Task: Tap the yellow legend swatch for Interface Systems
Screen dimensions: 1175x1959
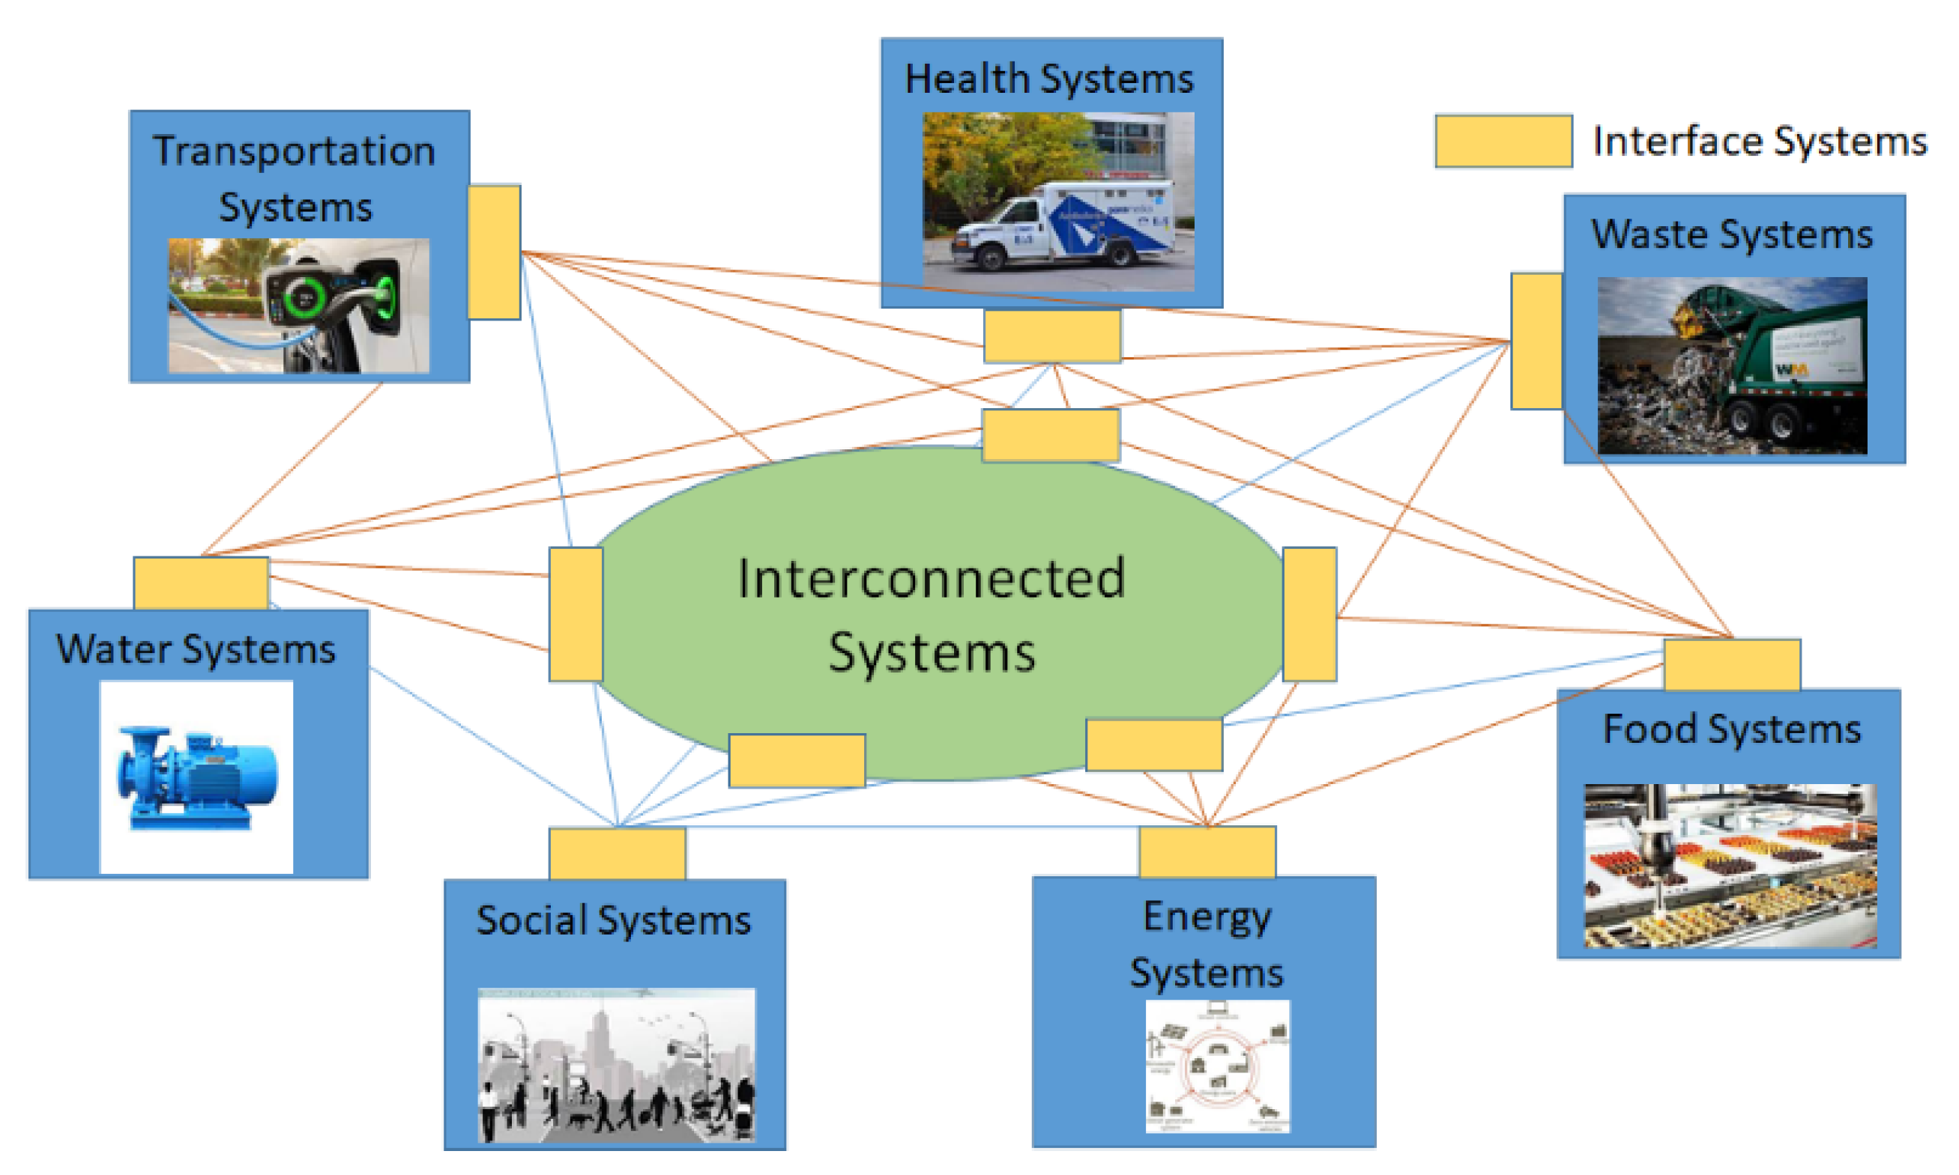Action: tap(1503, 142)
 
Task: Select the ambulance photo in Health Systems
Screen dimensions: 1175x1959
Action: tap(1057, 201)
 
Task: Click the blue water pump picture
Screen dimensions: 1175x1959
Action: tap(196, 777)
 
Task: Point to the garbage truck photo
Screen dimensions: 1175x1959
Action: tap(1732, 365)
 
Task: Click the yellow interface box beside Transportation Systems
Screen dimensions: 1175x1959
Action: tap(494, 252)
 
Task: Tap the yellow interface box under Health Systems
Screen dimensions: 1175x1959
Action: tap(1052, 336)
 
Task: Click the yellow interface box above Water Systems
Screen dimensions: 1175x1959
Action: tap(200, 583)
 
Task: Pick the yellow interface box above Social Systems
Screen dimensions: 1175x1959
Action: tap(617, 854)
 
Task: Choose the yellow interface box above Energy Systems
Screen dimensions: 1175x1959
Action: tap(1207, 852)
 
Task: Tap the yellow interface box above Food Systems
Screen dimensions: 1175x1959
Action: tap(1732, 665)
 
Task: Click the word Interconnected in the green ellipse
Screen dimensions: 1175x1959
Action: tap(931, 579)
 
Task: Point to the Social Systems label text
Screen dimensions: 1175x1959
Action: tap(613, 920)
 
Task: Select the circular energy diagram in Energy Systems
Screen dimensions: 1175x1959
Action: tap(1217, 1066)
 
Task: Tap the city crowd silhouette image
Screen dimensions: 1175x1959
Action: tap(616, 1064)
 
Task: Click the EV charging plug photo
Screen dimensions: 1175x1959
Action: tap(298, 306)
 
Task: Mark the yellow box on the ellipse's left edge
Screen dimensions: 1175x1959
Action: tap(576, 613)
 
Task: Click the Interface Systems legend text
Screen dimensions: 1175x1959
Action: tap(1760, 142)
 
